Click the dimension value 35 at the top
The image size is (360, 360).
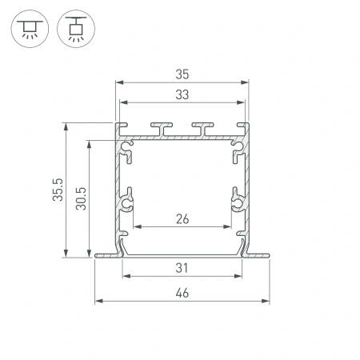click(181, 74)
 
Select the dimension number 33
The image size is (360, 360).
click(181, 94)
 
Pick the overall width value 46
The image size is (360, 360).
click(181, 293)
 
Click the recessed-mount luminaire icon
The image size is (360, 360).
click(29, 29)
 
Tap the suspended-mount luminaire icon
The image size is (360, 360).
click(77, 29)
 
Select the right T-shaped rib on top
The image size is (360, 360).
click(203, 128)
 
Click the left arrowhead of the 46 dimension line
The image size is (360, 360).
click(98, 301)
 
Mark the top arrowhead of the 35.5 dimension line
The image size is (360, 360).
click(65, 125)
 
